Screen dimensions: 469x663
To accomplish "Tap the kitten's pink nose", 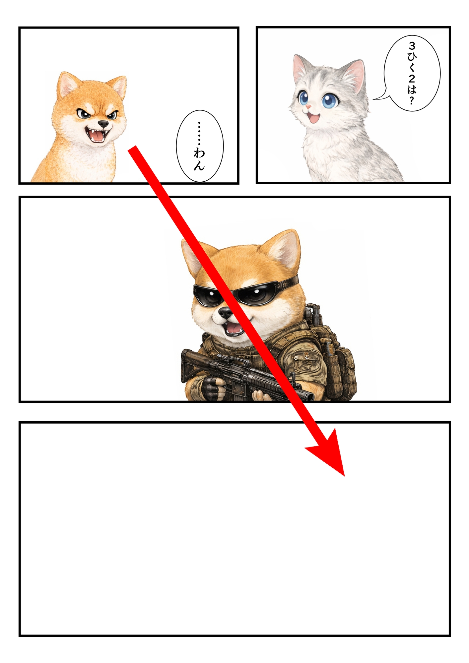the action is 308,107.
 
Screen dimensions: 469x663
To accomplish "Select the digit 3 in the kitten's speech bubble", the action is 412,45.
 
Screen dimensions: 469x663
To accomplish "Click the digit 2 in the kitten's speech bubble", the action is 412,79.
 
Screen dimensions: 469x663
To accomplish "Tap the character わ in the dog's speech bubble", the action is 199,153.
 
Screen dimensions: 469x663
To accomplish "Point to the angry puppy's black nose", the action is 103,124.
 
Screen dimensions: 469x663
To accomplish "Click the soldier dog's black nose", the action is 226,312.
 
